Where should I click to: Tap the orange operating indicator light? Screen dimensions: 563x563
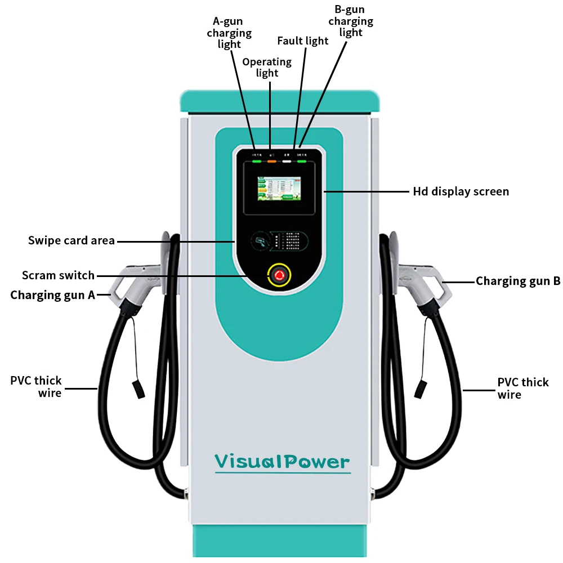point(272,161)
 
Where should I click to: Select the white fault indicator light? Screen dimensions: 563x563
point(287,161)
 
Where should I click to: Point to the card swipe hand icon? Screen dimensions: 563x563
point(261,242)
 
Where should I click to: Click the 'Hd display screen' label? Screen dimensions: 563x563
point(461,191)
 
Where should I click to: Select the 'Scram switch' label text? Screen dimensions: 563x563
point(58,275)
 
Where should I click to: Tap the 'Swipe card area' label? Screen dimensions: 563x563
point(72,241)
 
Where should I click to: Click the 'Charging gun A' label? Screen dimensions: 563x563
point(52,295)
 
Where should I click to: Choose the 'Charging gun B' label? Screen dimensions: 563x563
point(518,281)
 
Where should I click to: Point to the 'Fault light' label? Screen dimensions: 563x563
point(303,41)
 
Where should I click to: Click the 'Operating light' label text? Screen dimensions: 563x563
point(267,67)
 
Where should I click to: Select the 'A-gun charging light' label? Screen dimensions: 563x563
point(229,33)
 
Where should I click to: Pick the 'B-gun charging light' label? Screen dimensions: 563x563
point(351,21)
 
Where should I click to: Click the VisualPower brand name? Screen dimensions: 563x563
point(282,462)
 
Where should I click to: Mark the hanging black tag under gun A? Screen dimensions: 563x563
point(137,389)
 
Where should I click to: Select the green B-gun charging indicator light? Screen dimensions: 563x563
point(302,161)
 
